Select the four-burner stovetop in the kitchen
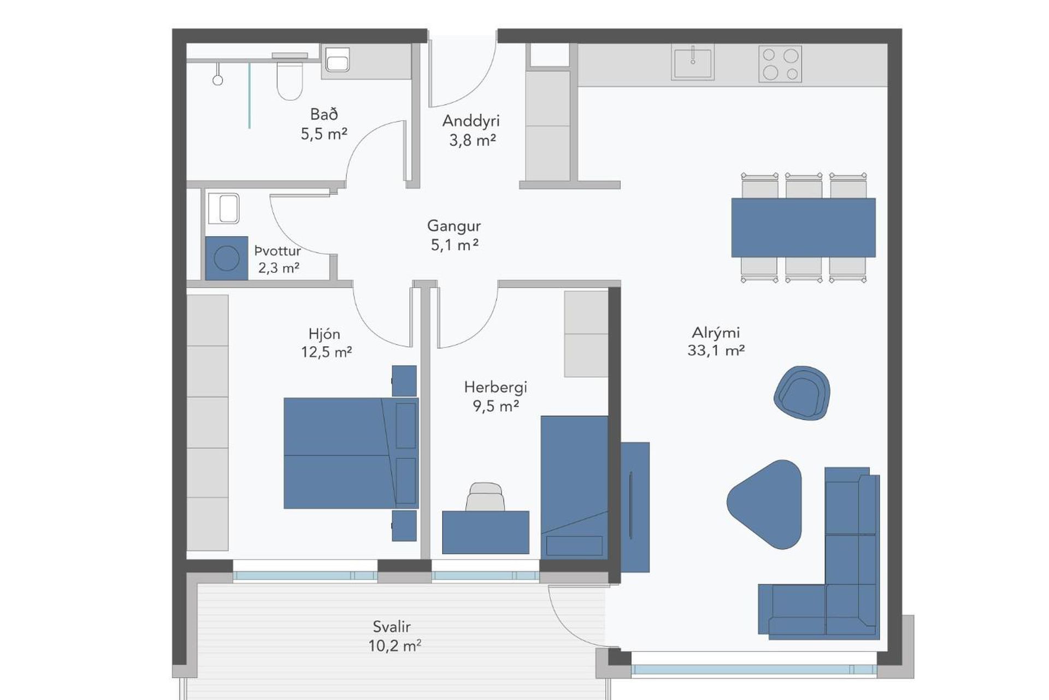(x=780, y=64)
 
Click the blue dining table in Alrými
(x=803, y=227)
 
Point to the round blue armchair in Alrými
(x=802, y=393)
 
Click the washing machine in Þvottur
(x=227, y=258)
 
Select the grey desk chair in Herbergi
(x=485, y=497)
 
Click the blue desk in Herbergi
(x=486, y=532)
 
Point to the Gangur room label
(x=454, y=225)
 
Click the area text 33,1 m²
(x=716, y=350)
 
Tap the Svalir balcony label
(x=391, y=626)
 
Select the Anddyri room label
(x=471, y=120)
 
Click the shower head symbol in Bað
(x=217, y=74)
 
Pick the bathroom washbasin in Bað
(x=337, y=60)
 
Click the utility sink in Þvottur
(x=223, y=208)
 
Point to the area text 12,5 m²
(x=326, y=352)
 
